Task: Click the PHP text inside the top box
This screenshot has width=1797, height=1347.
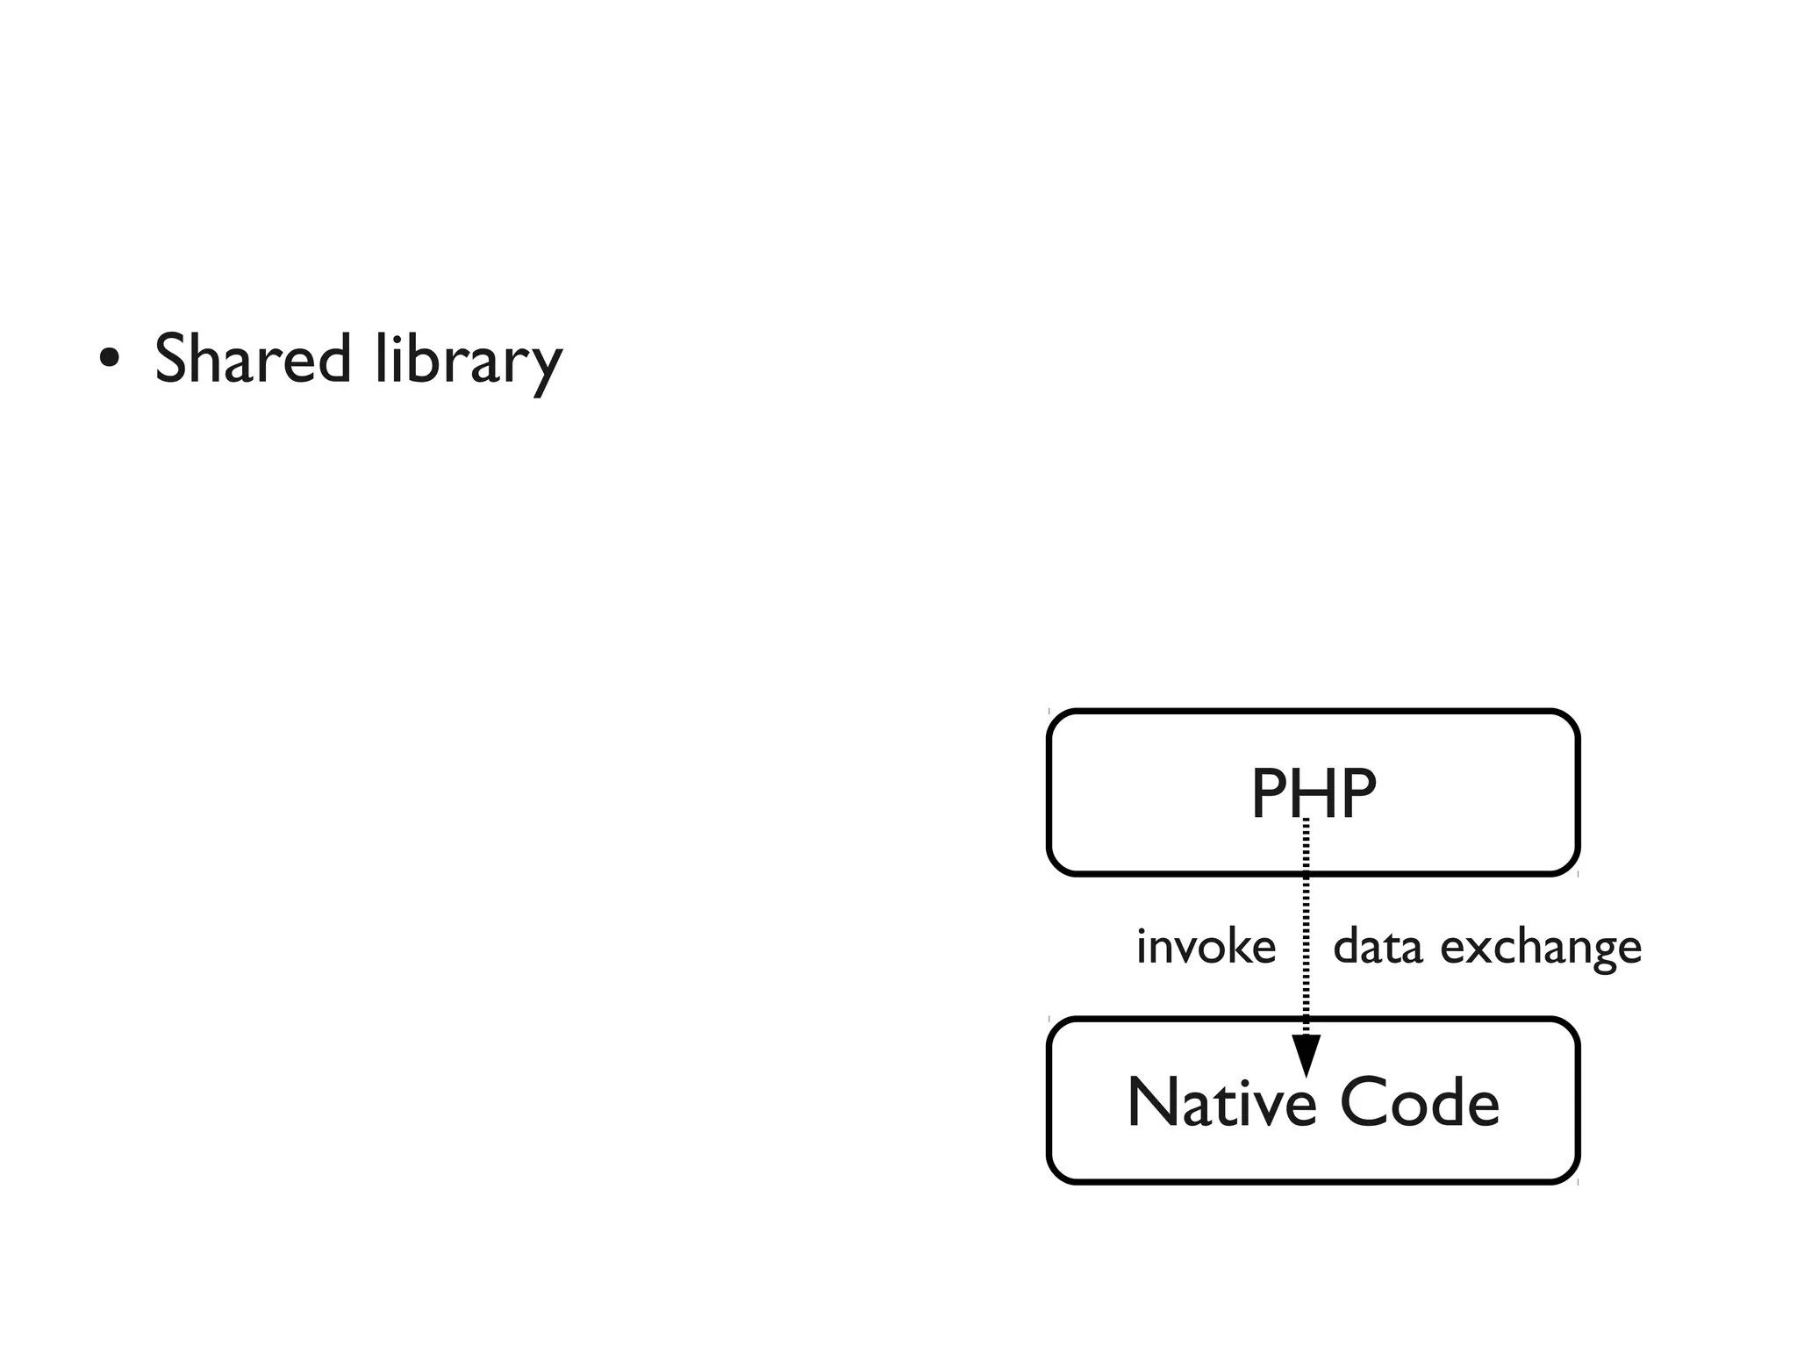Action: [1313, 793]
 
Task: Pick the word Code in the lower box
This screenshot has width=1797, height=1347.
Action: [1419, 1102]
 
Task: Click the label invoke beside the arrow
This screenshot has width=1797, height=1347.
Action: [1206, 947]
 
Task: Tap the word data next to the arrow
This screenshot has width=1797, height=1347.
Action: [1377, 947]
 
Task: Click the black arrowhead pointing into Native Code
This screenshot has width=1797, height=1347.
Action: [1306, 1054]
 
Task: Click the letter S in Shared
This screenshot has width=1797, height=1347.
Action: [175, 358]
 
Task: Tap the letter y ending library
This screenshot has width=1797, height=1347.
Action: [546, 367]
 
